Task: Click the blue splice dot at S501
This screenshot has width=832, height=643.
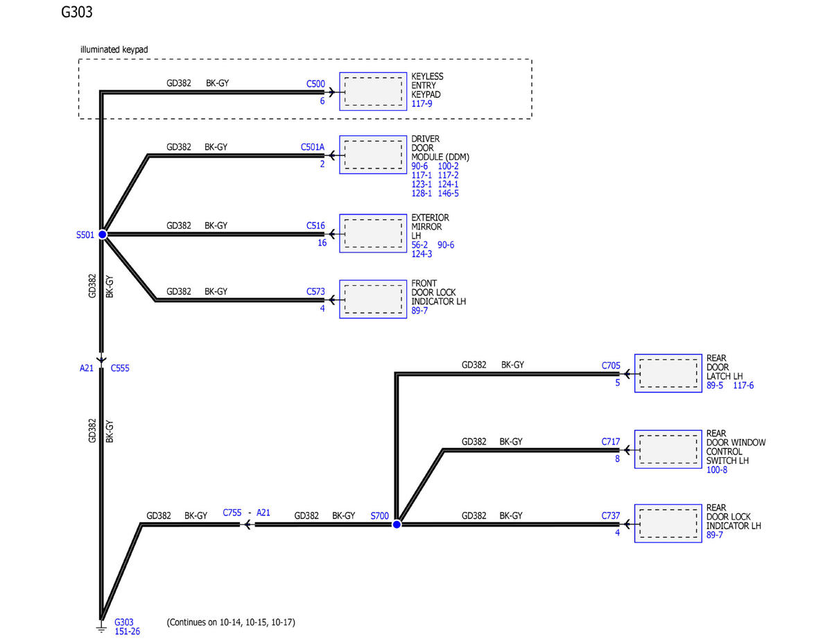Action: click(x=103, y=234)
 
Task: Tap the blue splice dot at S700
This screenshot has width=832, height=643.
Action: click(x=397, y=524)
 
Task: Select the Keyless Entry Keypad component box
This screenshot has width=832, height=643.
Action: click(x=373, y=92)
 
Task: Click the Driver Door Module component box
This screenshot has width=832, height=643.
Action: click(x=373, y=155)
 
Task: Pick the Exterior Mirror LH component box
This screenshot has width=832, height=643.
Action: click(x=373, y=233)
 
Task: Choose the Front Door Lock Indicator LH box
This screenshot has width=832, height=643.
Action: click(x=373, y=299)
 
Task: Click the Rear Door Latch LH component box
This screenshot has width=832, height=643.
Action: click(x=668, y=373)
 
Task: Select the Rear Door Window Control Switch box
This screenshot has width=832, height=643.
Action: click(x=668, y=449)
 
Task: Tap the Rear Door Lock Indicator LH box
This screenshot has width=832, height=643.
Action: click(x=668, y=524)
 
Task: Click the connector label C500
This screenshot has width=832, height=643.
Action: click(x=315, y=84)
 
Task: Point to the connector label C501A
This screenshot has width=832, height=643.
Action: click(x=313, y=147)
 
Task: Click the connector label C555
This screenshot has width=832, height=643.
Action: click(x=120, y=368)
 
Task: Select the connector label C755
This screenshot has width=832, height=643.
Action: click(x=232, y=513)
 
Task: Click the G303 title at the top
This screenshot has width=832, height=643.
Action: click(x=76, y=12)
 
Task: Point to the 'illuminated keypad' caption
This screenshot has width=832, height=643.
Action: click(x=114, y=49)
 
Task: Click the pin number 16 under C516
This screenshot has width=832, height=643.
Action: click(x=322, y=243)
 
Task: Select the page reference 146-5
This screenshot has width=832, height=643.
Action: click(x=448, y=194)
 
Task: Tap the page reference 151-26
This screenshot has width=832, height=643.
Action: click(x=127, y=631)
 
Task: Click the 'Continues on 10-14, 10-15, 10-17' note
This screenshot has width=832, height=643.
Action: click(x=231, y=622)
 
